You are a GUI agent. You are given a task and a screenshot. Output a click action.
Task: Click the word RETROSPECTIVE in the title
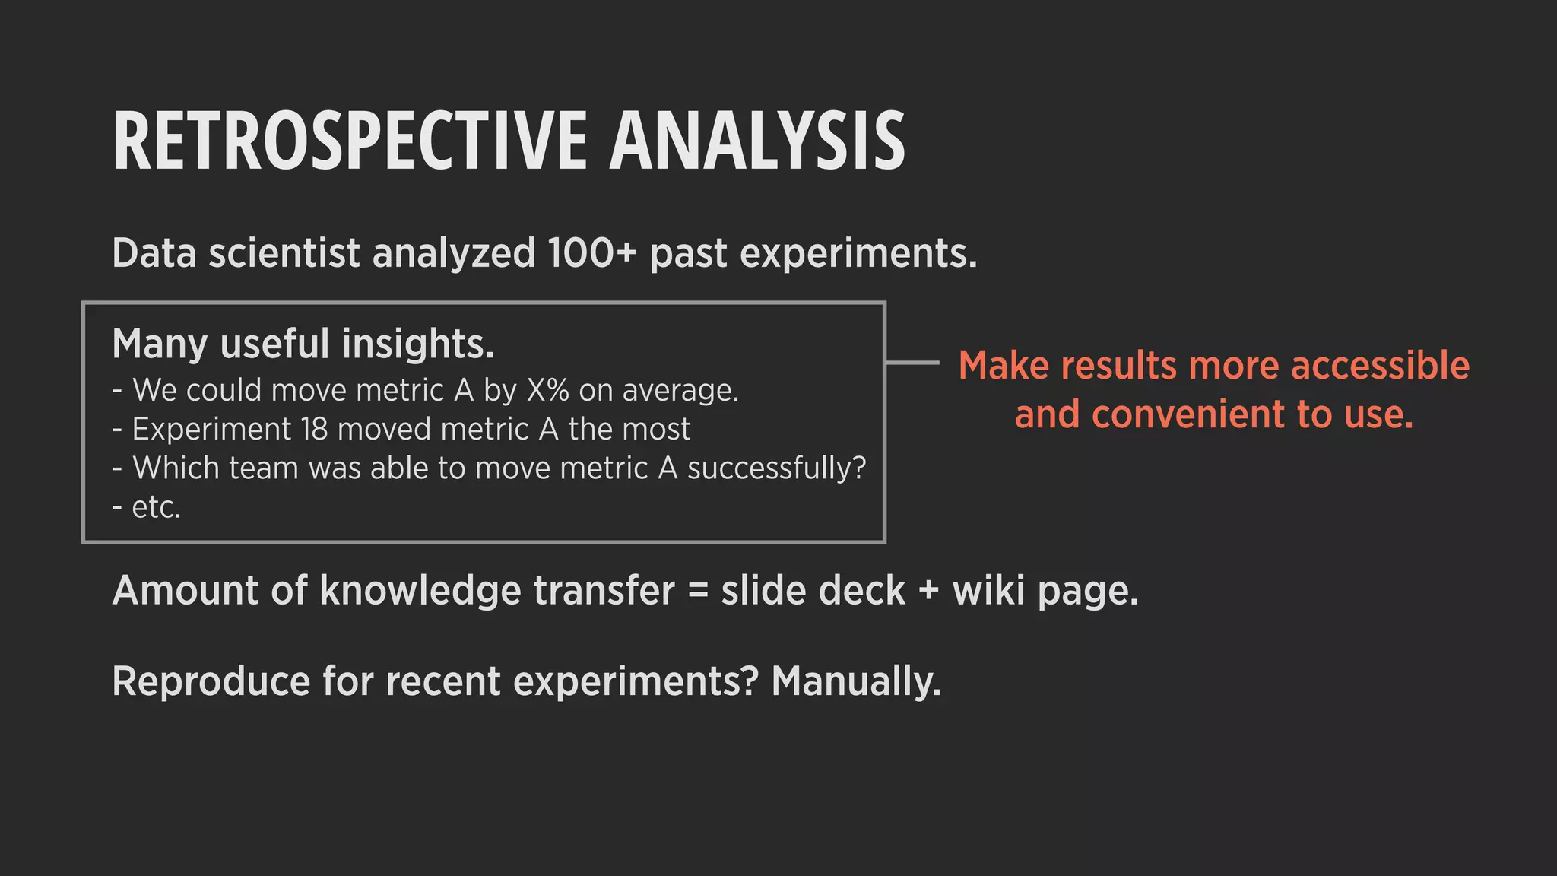point(350,141)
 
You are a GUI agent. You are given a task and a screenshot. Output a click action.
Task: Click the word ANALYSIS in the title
point(756,141)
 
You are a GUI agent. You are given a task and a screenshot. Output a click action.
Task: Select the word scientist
point(284,253)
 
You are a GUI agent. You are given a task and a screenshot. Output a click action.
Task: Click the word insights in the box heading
point(417,344)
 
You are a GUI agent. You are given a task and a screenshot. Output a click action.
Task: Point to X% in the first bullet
point(547,390)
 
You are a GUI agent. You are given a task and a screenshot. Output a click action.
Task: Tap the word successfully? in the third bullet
point(776,468)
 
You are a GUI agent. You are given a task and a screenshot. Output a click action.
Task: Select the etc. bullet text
point(156,507)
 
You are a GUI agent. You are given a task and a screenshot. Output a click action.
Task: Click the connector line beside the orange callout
point(912,363)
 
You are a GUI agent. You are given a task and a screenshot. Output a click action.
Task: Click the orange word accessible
point(1380,366)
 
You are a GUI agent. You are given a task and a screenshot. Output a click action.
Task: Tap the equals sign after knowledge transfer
point(697,592)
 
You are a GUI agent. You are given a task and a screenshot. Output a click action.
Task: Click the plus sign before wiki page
point(928,592)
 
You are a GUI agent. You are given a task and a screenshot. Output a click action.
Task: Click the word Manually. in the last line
point(856,681)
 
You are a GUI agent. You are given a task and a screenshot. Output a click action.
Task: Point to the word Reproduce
point(211,681)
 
